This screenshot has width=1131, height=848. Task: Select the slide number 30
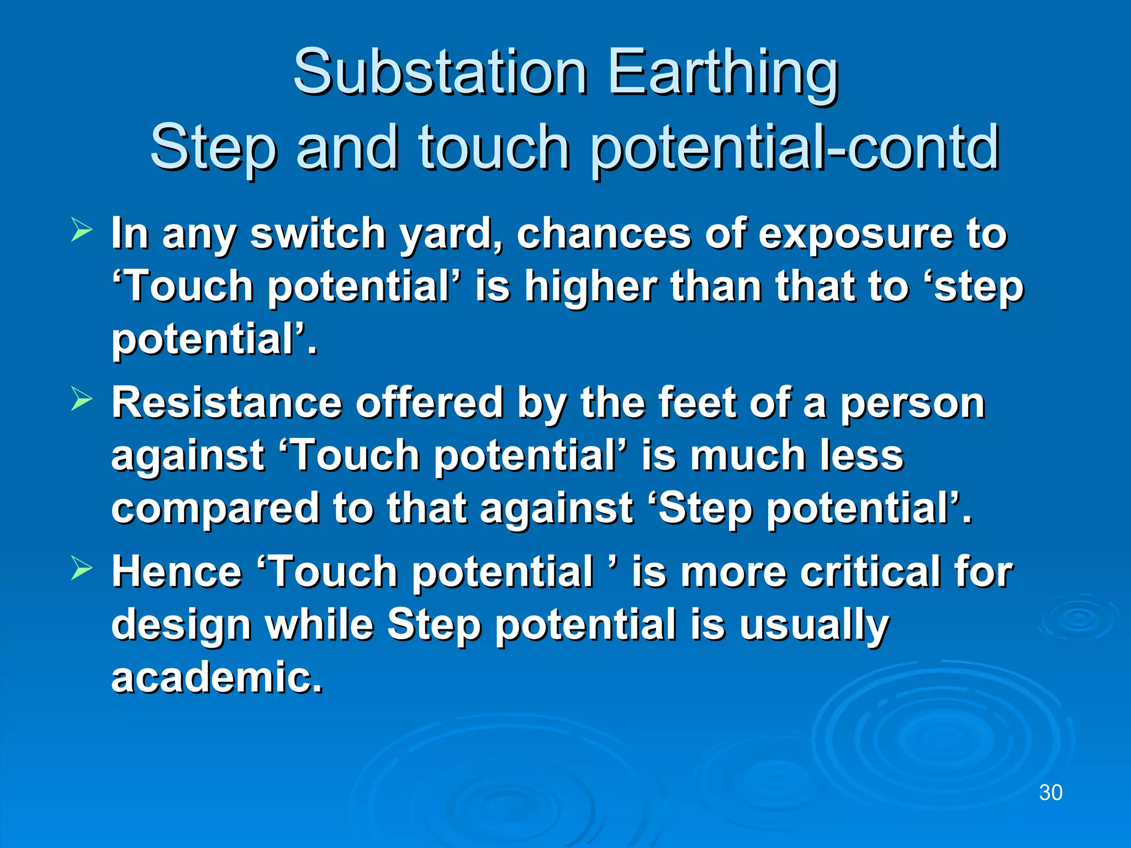[x=1050, y=793]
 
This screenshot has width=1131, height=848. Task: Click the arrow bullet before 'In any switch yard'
[x=82, y=230]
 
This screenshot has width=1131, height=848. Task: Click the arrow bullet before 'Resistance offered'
[x=82, y=400]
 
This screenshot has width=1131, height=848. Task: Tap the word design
[x=180, y=626]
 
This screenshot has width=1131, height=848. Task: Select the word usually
[x=814, y=626]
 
